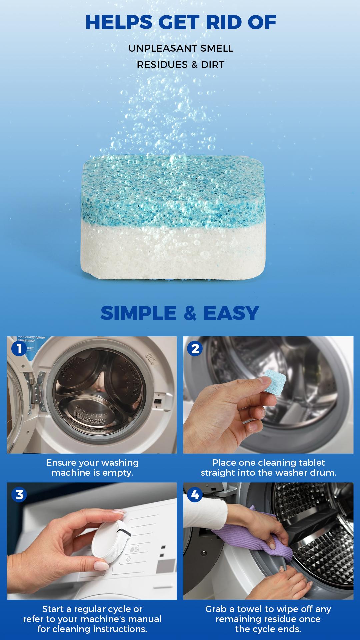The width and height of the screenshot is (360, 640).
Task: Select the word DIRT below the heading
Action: (213, 65)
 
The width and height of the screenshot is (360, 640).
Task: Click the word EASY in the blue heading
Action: (231, 313)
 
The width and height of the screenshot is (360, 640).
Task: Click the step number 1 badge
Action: (19, 349)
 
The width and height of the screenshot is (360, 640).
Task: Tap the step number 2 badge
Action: (195, 349)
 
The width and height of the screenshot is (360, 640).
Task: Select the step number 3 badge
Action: (19, 495)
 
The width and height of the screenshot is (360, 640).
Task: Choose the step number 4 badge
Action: (195, 495)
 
